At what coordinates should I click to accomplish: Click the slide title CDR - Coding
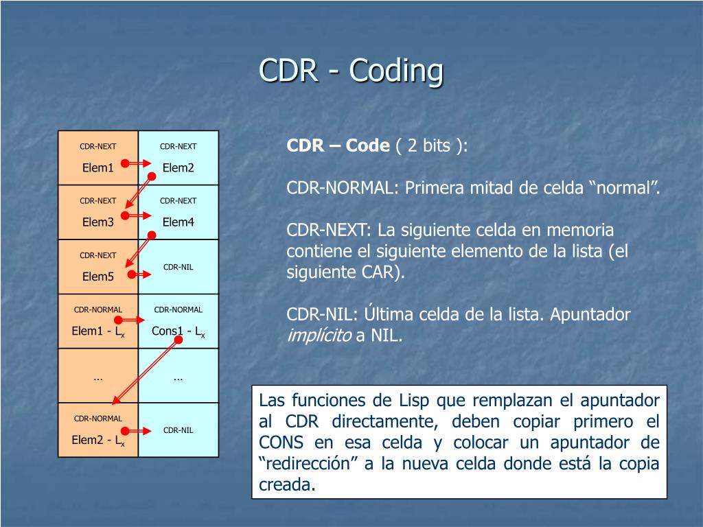[x=351, y=71]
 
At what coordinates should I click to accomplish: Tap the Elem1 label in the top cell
[x=97, y=168]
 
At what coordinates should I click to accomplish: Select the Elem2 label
[x=178, y=168]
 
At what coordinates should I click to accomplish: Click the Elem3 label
[x=97, y=222]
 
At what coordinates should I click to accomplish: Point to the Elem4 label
[x=178, y=222]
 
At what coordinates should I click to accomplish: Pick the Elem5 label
[x=97, y=277]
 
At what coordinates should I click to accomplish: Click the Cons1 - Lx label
[x=178, y=331]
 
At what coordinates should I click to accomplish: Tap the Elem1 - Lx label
[x=97, y=331]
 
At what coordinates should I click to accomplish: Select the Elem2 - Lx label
[x=97, y=441]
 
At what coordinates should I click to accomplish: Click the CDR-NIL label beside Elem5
[x=178, y=266]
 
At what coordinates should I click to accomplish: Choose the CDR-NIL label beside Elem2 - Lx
[x=178, y=430]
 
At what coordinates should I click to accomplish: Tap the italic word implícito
[x=318, y=336]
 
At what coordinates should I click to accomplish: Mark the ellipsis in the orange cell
[x=97, y=377]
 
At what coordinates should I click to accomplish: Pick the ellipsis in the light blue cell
[x=178, y=377]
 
